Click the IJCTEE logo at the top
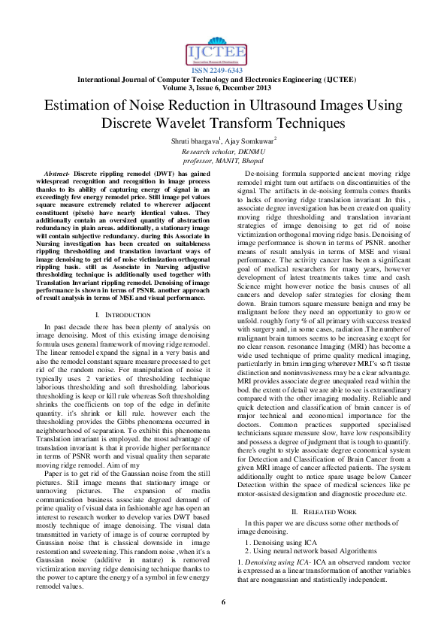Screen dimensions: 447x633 (x=222, y=51)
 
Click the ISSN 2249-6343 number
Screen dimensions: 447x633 (x=223, y=70)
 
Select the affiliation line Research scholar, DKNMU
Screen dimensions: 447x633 (x=223, y=151)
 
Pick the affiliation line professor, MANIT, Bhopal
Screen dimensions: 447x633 (x=223, y=160)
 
